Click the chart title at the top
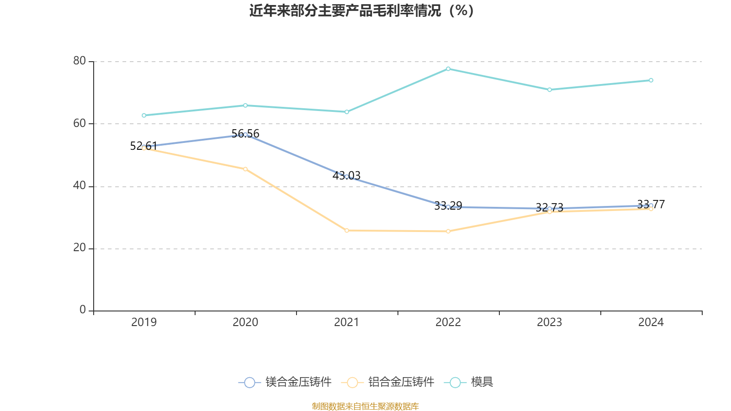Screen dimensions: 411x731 361,11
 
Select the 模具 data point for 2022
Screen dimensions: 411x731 448,68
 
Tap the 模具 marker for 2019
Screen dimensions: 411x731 144,115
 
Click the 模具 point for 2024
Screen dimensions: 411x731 651,80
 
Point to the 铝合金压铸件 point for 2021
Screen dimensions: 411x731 347,230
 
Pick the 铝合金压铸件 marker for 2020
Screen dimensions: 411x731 245,169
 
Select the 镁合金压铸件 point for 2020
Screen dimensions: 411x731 245,134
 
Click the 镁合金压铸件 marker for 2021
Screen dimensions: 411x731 347,176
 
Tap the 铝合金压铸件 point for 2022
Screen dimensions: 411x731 448,231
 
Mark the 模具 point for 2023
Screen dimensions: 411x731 550,90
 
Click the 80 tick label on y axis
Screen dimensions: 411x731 79,61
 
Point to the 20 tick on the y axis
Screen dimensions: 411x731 79,248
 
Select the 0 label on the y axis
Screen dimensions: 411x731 83,310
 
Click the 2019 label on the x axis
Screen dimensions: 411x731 144,322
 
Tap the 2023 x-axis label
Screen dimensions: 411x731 550,322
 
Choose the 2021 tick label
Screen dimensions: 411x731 347,322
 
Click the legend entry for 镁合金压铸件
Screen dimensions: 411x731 285,382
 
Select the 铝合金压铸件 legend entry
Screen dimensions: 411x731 388,382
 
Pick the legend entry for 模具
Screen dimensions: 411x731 469,382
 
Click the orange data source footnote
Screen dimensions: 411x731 365,406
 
